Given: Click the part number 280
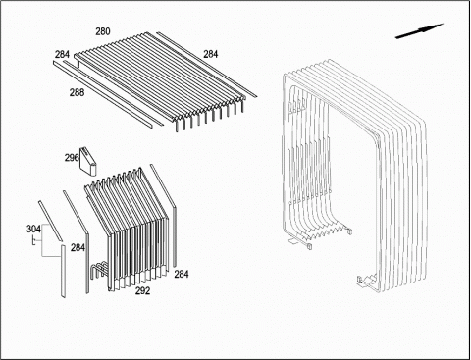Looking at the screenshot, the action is coord(103,31).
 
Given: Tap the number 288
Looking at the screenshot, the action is coord(77,93).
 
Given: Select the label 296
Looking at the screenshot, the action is coord(72,158).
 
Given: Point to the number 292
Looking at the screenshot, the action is coord(143,290).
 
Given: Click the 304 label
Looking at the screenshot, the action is coord(33,230).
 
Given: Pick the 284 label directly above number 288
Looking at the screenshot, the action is coord(62,54).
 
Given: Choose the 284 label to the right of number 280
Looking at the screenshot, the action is coord(211,54).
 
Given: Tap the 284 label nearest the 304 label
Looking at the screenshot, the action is coord(78,248).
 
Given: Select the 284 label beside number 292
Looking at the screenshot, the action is coord(182,274).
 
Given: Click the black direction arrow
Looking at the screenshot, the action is coord(419,31).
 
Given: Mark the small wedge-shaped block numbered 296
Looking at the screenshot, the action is coord(87,162).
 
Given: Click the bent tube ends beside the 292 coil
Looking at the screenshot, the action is coord(98,270).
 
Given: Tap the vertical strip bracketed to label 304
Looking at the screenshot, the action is coord(63,271).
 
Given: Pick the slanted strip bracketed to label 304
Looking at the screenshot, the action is coord(50,221).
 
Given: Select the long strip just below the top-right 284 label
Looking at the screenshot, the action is coord(206,65).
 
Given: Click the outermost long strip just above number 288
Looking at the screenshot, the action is coord(103,94).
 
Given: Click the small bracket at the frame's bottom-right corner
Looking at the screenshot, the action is coord(367,282).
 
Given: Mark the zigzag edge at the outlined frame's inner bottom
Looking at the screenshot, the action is coord(322,232).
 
